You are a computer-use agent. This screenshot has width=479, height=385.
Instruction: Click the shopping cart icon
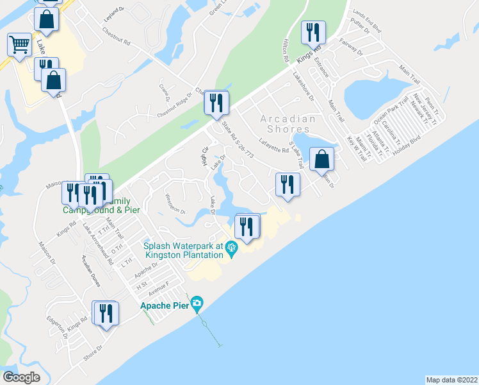pos(19,45)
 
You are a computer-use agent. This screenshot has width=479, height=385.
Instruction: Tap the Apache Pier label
pos(164,305)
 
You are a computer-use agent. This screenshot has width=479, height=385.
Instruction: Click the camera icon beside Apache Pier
pos(197,303)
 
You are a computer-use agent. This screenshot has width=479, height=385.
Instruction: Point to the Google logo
pos(21,377)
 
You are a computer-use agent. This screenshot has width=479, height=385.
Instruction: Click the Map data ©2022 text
pos(451,380)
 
